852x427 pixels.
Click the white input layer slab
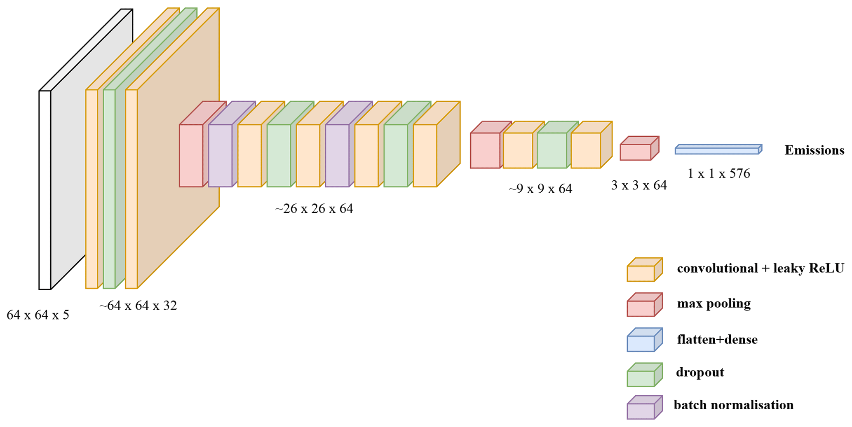coord(45,189)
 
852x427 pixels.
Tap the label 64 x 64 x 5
coord(38,315)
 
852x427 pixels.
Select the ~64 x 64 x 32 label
coord(138,306)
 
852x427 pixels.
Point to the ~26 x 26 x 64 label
coord(314,209)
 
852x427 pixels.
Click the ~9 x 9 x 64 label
coord(540,189)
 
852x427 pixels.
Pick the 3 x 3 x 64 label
coord(639,185)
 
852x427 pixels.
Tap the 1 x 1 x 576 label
coord(718,173)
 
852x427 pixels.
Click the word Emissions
coord(814,150)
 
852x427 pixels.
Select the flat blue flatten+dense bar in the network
coord(717,151)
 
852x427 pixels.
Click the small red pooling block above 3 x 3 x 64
coord(636,152)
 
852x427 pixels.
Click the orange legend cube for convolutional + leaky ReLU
coord(641,273)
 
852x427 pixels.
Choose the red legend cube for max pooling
coord(641,308)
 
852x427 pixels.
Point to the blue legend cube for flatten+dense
coord(641,343)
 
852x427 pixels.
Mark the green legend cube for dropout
coord(641,378)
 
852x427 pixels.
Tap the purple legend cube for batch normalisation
coord(641,411)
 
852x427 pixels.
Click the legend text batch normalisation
coord(733,405)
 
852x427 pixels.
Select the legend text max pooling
coord(714,304)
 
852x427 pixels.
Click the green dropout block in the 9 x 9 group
coord(552,150)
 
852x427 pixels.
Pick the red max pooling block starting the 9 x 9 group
coord(485,150)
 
